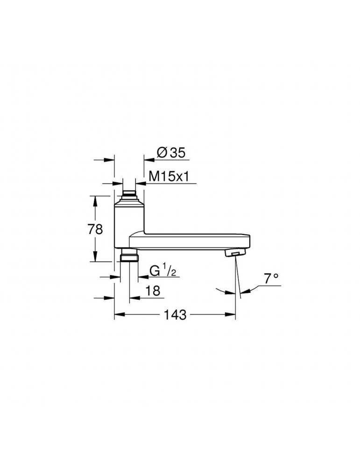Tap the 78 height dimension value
click(x=95, y=229)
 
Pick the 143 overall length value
click(x=175, y=315)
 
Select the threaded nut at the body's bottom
click(x=128, y=257)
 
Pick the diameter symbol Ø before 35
click(x=162, y=152)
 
